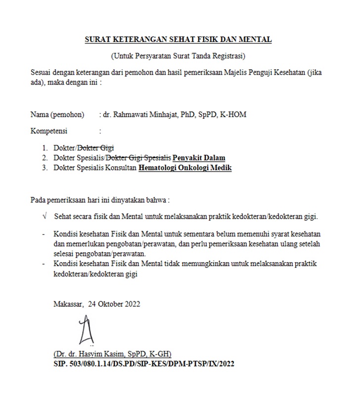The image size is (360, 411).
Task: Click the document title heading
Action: click(178, 40)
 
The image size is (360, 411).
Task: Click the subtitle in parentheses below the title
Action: click(178, 55)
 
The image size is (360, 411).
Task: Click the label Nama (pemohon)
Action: click(57, 115)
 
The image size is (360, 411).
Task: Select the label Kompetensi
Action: click(49, 131)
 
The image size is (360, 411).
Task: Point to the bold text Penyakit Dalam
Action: click(199, 158)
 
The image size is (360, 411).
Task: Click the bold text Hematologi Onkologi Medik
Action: click(185, 168)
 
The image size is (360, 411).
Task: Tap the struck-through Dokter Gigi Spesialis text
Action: click(138, 158)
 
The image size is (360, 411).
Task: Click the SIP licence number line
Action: click(143, 364)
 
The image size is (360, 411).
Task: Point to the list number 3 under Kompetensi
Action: click(44, 168)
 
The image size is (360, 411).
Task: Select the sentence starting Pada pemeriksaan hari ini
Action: click(100, 200)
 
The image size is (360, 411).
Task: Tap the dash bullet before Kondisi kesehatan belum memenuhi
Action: click(45, 233)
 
